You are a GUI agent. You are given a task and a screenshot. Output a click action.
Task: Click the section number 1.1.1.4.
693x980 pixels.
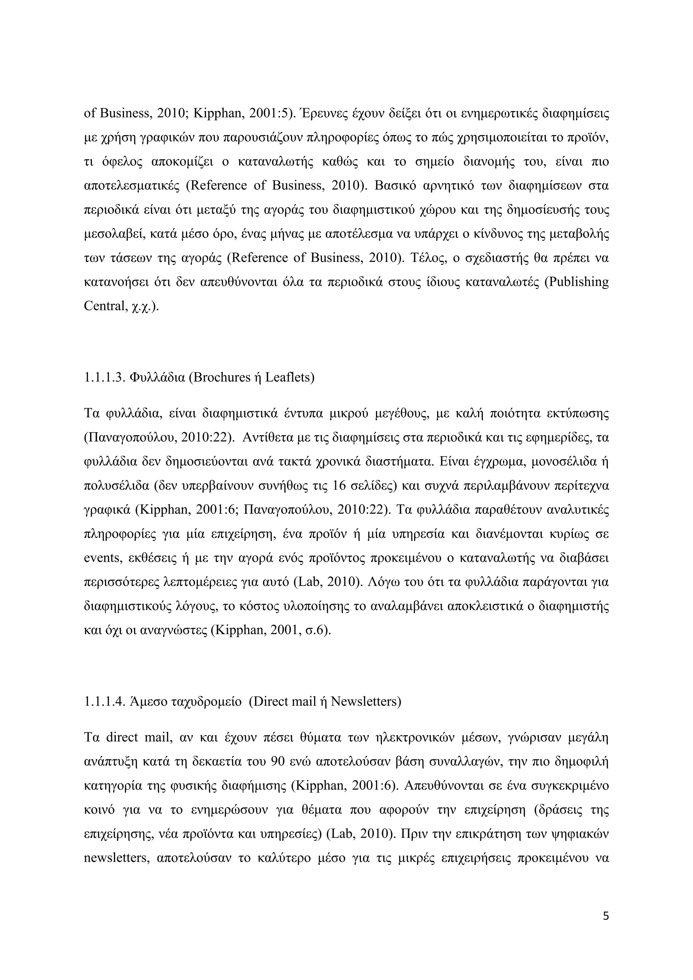pos(104,701)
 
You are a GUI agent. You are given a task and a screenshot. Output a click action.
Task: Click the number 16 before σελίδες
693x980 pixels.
pos(340,486)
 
